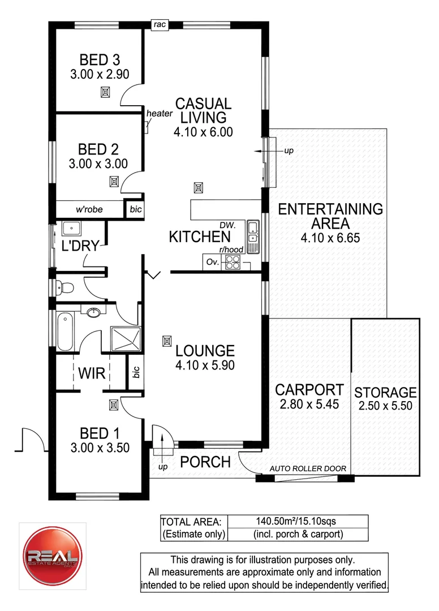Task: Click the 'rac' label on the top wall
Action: (x=160, y=24)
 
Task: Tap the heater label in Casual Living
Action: (x=159, y=114)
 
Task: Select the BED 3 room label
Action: (x=98, y=60)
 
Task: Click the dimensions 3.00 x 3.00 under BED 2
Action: (x=98, y=163)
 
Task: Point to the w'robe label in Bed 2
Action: (x=89, y=209)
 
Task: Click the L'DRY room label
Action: (x=81, y=246)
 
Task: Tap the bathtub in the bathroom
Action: (x=65, y=331)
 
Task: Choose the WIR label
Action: (x=91, y=373)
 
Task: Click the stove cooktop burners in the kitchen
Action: (x=233, y=262)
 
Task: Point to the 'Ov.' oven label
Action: (x=212, y=262)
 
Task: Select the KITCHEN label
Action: (x=200, y=237)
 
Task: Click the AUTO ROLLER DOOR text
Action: (x=308, y=468)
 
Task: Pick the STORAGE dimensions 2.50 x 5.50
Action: (x=385, y=406)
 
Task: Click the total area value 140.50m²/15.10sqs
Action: (x=298, y=521)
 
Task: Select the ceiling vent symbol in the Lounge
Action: (x=166, y=341)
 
